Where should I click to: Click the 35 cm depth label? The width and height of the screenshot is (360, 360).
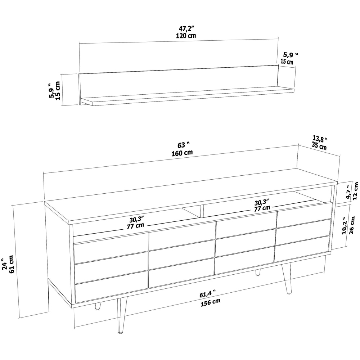click(x=319, y=146)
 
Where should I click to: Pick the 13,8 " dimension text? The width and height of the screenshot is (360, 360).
click(x=320, y=138)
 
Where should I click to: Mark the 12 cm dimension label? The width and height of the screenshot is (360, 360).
click(x=356, y=191)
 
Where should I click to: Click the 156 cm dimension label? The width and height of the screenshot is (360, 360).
click(x=210, y=302)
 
